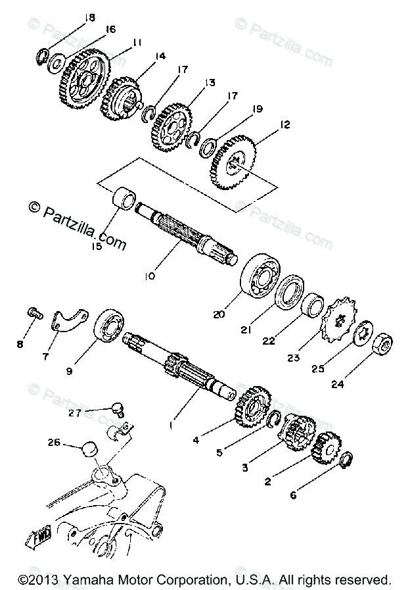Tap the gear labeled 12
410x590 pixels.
234,162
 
